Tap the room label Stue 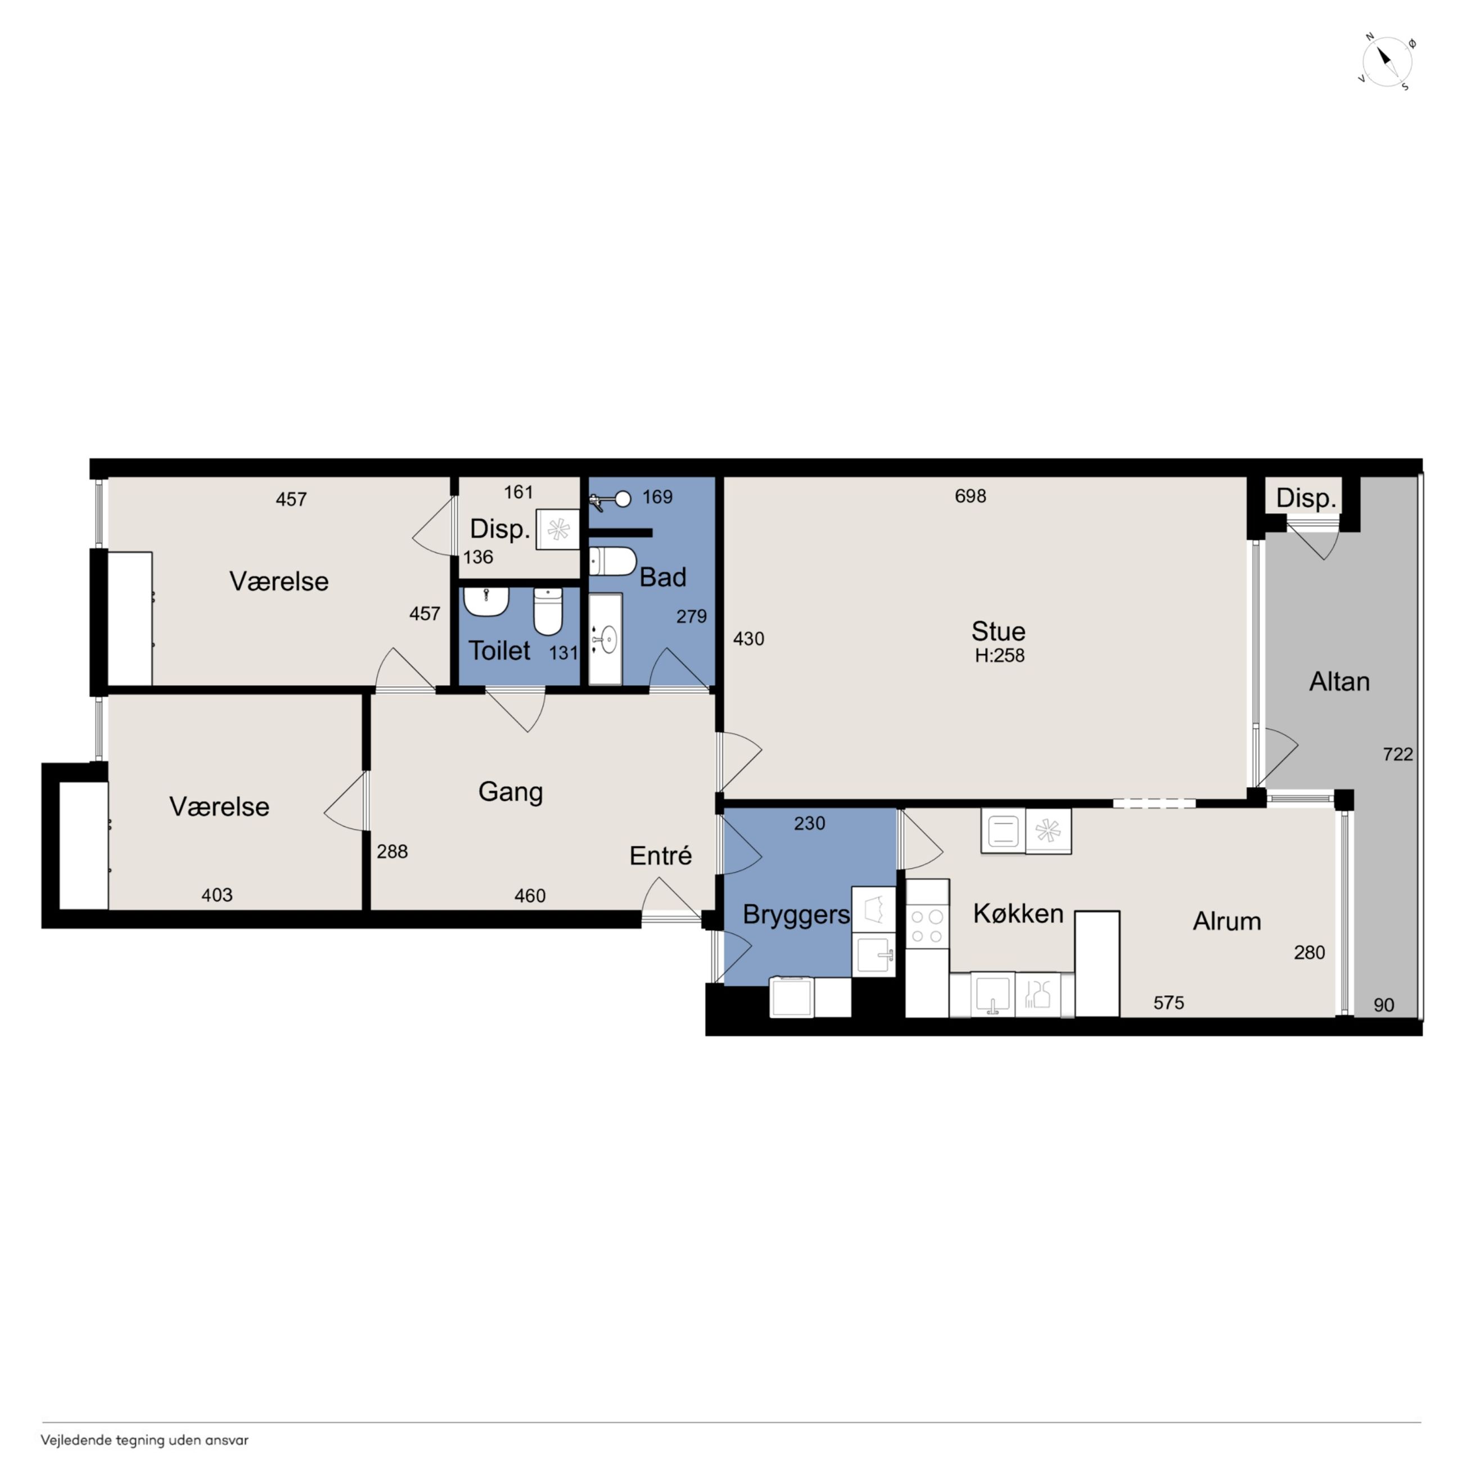click(x=998, y=631)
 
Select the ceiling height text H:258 click(x=999, y=655)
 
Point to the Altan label click(x=1339, y=682)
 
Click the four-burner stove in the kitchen click(x=927, y=926)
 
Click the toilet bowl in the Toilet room click(x=548, y=611)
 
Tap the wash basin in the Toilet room click(x=486, y=602)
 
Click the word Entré click(x=661, y=856)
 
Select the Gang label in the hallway click(x=511, y=792)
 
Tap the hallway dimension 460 click(x=530, y=896)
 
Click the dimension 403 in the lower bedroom click(x=216, y=895)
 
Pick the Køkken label click(x=1018, y=913)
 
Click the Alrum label click(x=1226, y=921)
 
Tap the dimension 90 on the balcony click(x=1384, y=1005)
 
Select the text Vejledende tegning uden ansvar click(x=145, y=1440)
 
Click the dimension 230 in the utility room click(x=809, y=823)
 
